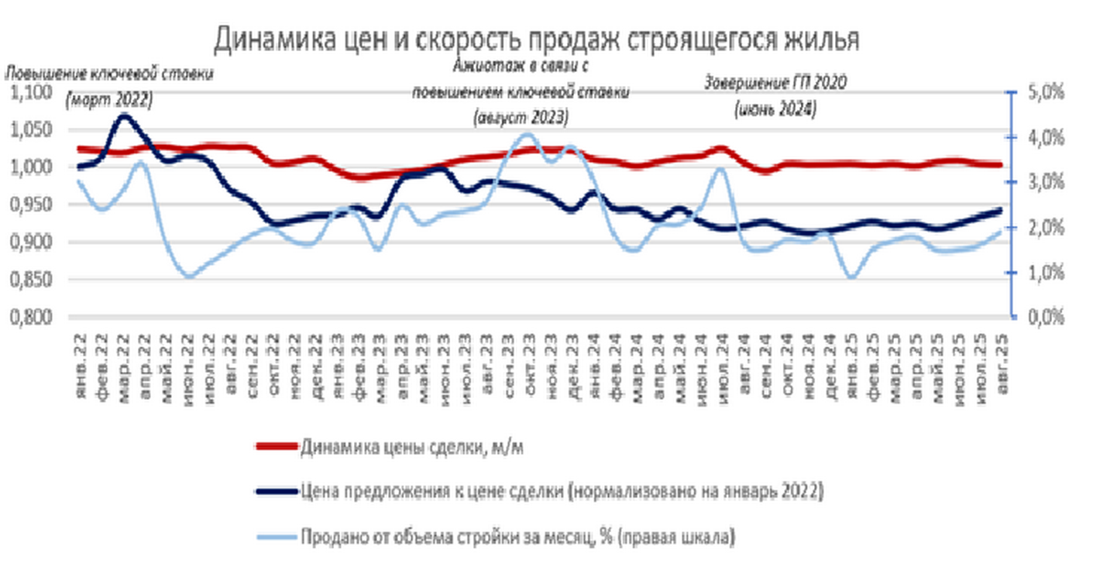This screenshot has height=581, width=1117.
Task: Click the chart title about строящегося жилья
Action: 536,39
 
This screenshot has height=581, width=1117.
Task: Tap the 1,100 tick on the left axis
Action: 30,92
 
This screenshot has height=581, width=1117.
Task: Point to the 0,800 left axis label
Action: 30,317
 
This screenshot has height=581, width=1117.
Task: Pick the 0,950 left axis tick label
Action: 30,205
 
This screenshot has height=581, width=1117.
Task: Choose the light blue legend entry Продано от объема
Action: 515,537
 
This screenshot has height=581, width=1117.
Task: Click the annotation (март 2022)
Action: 109,98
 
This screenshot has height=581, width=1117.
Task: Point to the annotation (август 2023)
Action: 521,118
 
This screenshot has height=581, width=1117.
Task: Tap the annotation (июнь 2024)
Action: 775,110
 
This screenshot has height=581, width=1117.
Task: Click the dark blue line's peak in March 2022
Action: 125,116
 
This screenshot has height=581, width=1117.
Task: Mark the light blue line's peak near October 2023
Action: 528,135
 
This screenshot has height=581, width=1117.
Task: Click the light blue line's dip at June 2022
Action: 188,276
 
